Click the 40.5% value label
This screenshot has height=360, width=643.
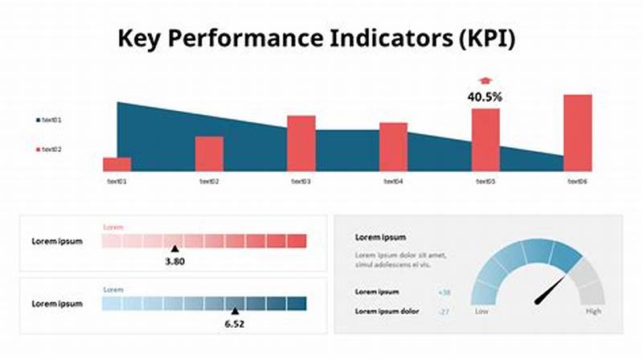coord(485,96)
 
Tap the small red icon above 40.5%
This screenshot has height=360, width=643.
coord(485,80)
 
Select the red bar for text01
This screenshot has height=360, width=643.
coord(117,164)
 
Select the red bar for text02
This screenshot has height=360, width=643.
coord(209,153)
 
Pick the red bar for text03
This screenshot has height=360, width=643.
coord(301,143)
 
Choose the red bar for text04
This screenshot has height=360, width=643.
coord(393,146)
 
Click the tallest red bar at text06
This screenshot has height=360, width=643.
coord(577,133)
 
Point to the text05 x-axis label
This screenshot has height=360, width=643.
coord(485,182)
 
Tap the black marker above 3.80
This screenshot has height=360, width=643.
coord(174,249)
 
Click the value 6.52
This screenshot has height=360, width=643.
coord(235,323)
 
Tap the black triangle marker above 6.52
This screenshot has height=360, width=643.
coord(235,311)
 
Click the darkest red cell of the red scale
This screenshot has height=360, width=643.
coord(297,240)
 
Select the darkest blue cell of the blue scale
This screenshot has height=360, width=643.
coord(297,303)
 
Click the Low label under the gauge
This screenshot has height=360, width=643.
coord(481,310)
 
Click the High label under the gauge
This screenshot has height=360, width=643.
coord(593,310)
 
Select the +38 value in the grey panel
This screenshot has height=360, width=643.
coord(444,292)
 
